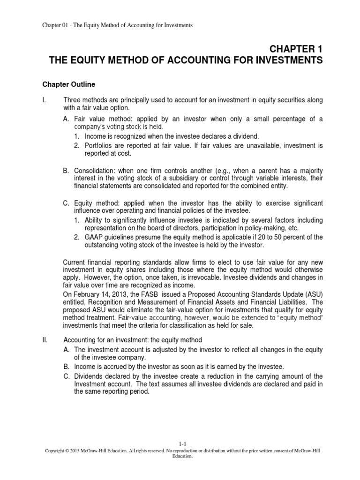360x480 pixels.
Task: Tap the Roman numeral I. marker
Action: click(38, 100)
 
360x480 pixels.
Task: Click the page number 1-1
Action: click(184, 456)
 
